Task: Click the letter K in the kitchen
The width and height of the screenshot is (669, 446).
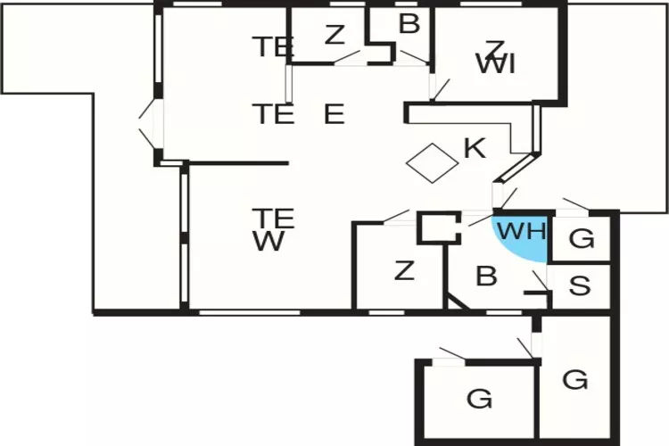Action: pos(475,148)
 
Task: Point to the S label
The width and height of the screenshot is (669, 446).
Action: pos(580,286)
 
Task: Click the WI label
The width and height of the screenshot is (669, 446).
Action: pos(495,64)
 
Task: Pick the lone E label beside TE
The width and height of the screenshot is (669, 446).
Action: pos(334,114)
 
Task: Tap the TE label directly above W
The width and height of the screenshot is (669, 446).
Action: pos(273,218)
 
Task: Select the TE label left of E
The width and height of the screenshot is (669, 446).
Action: pos(273,114)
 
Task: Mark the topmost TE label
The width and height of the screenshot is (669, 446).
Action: pos(273,46)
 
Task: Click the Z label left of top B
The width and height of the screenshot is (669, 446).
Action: pos(334,36)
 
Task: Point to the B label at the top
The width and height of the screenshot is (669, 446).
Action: pos(409,25)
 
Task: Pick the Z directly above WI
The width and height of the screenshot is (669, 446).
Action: pos(495,46)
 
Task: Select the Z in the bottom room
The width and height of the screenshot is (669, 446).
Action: pos(404,270)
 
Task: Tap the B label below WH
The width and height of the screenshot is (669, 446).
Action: pos(486,277)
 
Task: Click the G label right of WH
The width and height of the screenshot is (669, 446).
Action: pos(581,239)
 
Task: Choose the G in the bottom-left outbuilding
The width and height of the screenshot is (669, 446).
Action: pos(479,398)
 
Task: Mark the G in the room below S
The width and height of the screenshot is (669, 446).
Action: pos(575,380)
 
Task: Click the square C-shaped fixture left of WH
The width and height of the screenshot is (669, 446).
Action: pos(438,227)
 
